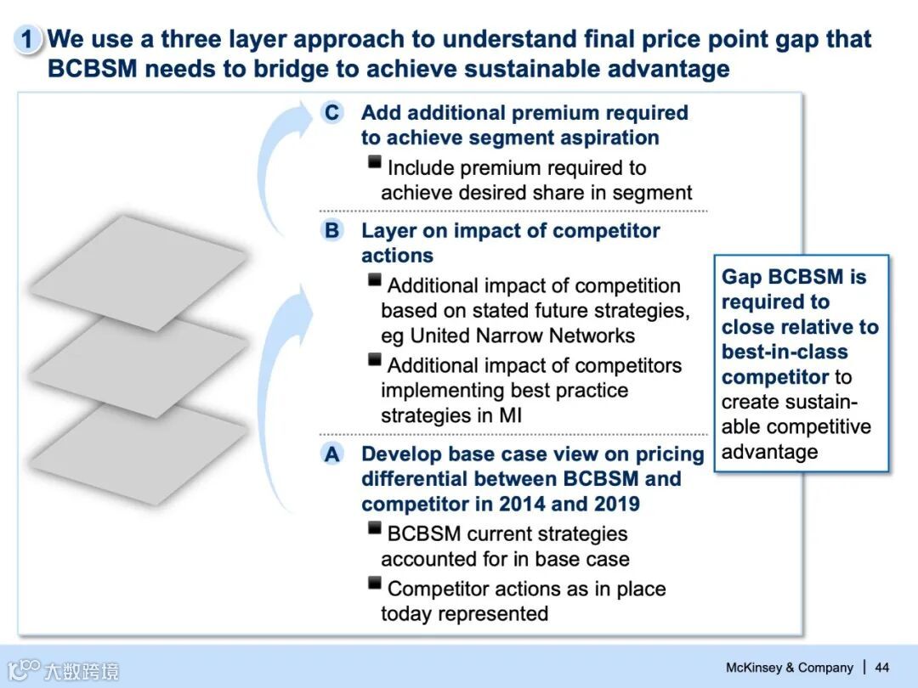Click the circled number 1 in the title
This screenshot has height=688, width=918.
pyautogui.click(x=27, y=39)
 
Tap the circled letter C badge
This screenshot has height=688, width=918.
pyautogui.click(x=331, y=113)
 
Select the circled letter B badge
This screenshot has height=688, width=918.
pyautogui.click(x=331, y=230)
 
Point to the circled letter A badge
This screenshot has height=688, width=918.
pyautogui.click(x=331, y=454)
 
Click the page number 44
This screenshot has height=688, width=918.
pyautogui.click(x=881, y=668)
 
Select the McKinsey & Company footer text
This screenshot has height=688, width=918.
pyautogui.click(x=789, y=668)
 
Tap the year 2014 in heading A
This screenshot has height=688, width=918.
pyautogui.click(x=521, y=504)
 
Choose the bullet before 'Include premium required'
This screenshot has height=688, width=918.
pyautogui.click(x=374, y=163)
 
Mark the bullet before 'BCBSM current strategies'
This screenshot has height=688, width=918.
pyautogui.click(x=374, y=529)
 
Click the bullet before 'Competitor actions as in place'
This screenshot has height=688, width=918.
pyautogui.click(x=374, y=584)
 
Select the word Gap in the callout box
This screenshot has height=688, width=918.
pyautogui.click(x=741, y=277)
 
